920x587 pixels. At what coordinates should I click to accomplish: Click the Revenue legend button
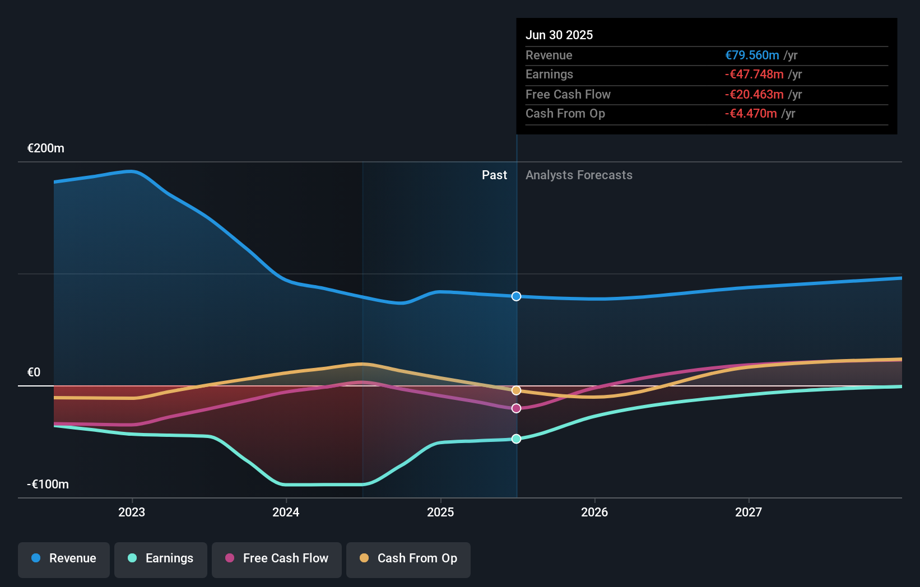pyautogui.click(x=64, y=558)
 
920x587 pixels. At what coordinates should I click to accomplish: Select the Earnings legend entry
pyautogui.click(x=161, y=558)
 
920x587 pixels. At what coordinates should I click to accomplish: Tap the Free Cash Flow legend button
pyautogui.click(x=277, y=558)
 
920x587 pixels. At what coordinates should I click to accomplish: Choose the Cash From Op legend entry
pyautogui.click(x=408, y=558)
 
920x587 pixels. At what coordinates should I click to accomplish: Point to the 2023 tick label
pyautogui.click(x=132, y=512)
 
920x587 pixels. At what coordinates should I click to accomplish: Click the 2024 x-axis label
pyautogui.click(x=286, y=512)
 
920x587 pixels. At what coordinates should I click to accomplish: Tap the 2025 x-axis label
pyautogui.click(x=440, y=512)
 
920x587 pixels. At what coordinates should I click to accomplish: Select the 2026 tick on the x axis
pyautogui.click(x=594, y=512)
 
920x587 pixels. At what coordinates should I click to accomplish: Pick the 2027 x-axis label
pyautogui.click(x=749, y=512)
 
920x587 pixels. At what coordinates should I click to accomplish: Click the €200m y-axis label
pyautogui.click(x=46, y=148)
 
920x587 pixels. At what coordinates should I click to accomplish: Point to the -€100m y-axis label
pyautogui.click(x=48, y=484)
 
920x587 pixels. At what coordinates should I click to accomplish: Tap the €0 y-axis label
pyautogui.click(x=34, y=372)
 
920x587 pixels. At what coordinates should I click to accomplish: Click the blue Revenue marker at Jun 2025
pyautogui.click(x=517, y=296)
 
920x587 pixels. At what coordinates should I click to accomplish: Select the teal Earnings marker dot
pyautogui.click(x=517, y=439)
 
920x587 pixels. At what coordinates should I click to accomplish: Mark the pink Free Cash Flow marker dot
pyautogui.click(x=517, y=408)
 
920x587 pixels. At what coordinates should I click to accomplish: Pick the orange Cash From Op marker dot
pyautogui.click(x=517, y=390)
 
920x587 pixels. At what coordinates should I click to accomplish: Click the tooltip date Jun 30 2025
pyautogui.click(x=559, y=35)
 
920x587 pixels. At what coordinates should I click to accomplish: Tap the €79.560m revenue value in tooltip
pyautogui.click(x=752, y=55)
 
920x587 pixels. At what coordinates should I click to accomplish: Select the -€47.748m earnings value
pyautogui.click(x=754, y=74)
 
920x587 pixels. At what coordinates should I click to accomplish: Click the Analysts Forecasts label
pyautogui.click(x=579, y=175)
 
